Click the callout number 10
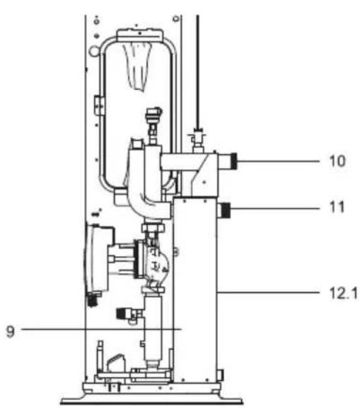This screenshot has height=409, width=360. (337, 161)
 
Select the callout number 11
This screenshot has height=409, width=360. (337, 207)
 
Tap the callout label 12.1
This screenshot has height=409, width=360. (344, 293)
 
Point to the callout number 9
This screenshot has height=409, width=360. (11, 332)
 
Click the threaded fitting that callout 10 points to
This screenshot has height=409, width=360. (233, 161)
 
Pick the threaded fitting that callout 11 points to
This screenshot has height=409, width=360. (226, 211)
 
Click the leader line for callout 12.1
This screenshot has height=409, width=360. (269, 293)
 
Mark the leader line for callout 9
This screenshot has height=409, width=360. (101, 329)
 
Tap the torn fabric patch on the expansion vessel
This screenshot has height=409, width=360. (138, 67)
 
